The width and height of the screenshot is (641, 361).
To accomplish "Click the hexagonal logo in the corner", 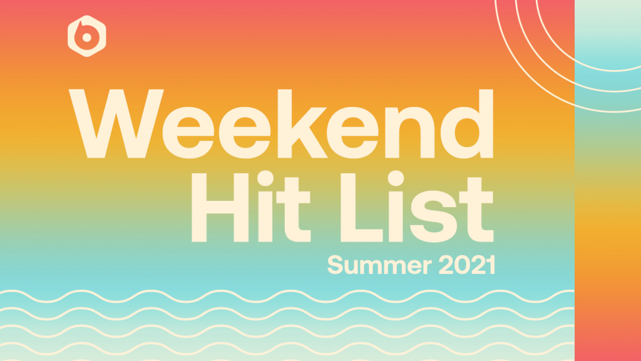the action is tap(86, 36).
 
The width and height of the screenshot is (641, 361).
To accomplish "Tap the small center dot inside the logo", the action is tap(86, 38).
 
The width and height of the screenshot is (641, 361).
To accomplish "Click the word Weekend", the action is tap(281, 124).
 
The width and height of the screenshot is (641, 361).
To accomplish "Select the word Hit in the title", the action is tap(251, 206).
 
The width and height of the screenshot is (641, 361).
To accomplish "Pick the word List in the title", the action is tap(417, 206).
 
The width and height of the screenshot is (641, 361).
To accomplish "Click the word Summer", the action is tap(379, 265).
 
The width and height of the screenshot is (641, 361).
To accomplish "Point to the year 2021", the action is tap(467, 265).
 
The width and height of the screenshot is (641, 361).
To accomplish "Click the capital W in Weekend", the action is tap(116, 123).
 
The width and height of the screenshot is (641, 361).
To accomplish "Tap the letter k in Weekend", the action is tap(302, 123).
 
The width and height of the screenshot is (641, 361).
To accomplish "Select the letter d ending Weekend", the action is tap(467, 124).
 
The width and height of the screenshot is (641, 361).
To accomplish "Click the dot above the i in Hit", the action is tap(265, 178).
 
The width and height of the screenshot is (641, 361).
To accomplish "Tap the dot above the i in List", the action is tap(396, 178).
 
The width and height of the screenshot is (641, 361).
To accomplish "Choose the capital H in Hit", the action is tap(220, 208).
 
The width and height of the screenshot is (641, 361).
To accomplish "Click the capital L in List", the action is tap(361, 208).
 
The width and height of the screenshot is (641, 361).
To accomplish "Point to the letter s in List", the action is tap(433, 216).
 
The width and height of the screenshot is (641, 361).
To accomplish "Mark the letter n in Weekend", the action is tap(409, 132).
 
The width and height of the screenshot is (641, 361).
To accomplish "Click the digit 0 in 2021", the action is tap(463, 265).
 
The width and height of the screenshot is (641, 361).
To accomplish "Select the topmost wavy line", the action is tap(287, 297).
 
